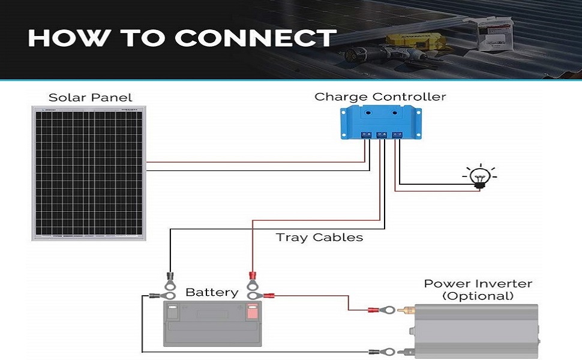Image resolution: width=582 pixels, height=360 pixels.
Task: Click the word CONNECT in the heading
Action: coord(256,38)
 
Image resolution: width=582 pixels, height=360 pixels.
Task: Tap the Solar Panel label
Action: coord(90,97)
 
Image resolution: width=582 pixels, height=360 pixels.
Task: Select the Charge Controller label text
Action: coord(380,97)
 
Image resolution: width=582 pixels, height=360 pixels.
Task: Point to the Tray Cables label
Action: coord(319,237)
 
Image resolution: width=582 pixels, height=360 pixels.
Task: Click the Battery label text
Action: coord(212,292)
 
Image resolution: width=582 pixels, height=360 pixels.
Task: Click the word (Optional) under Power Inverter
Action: coord(478,296)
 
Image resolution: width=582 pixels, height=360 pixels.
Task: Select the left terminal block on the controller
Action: coord(365,136)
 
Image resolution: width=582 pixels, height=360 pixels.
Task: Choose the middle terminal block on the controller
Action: coord(381,136)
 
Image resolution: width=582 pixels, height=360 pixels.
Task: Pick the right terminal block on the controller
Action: coord(397,136)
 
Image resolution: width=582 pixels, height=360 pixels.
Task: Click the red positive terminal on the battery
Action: coord(253,311)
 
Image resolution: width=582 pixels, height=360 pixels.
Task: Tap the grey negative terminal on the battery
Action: coord(172,311)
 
